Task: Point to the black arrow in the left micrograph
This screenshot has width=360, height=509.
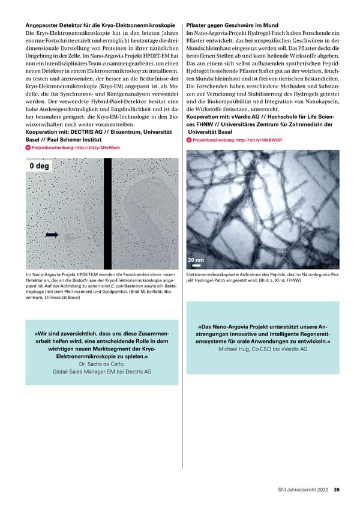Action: (52, 235)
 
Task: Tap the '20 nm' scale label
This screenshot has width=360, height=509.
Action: (196, 259)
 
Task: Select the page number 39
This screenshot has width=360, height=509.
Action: (337, 488)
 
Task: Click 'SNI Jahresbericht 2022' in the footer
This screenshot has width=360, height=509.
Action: (303, 488)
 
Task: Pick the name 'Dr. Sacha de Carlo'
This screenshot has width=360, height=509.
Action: (101, 364)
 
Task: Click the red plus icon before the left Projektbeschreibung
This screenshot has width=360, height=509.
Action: (28, 148)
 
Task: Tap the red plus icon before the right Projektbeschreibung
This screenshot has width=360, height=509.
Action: (190, 140)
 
